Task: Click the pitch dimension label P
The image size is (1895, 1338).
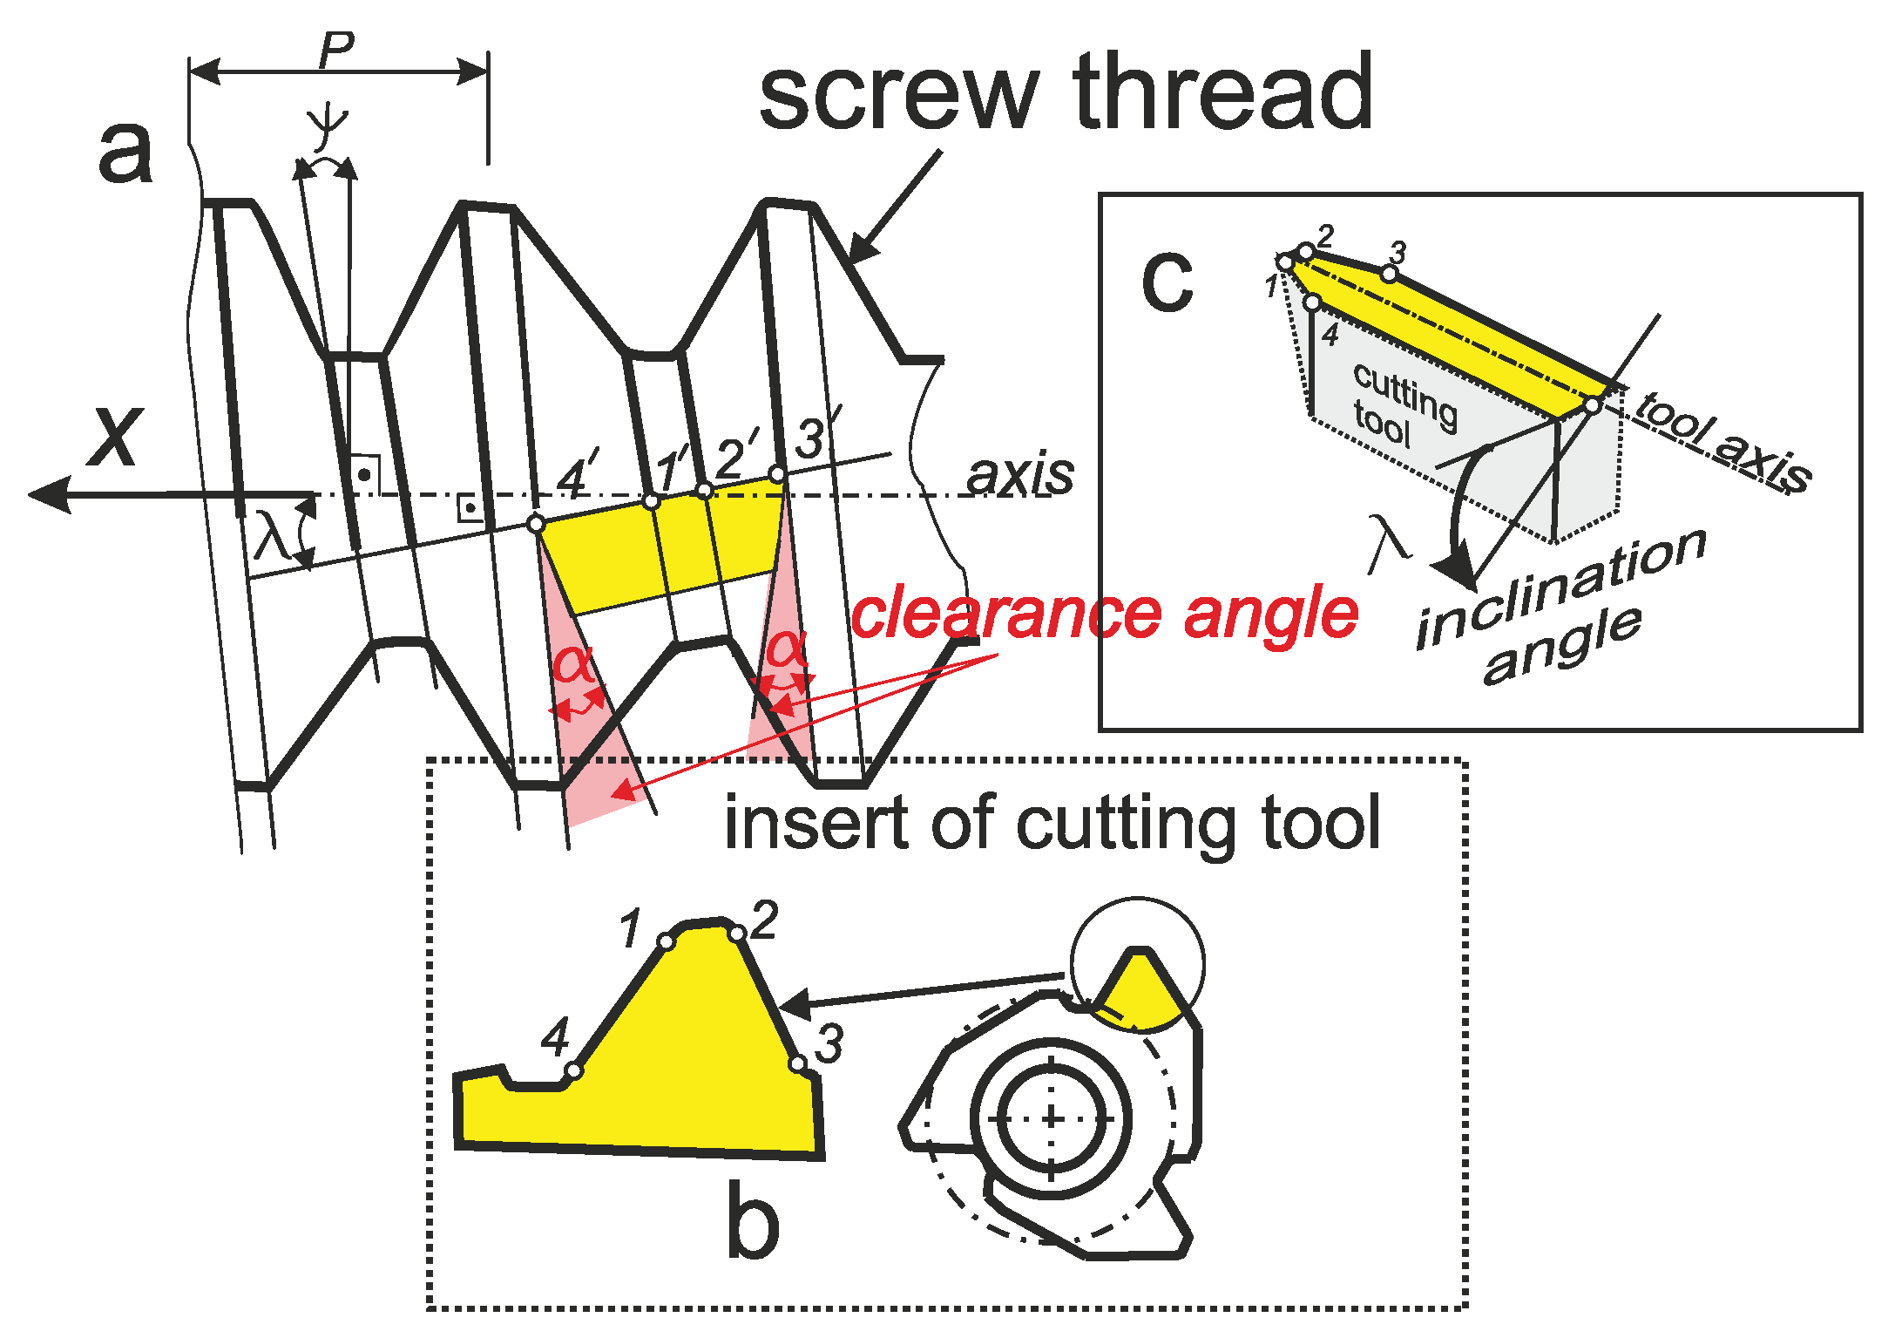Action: coord(336,51)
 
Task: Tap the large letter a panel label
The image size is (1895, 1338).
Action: coord(125,153)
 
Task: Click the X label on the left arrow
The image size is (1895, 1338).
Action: coord(115,438)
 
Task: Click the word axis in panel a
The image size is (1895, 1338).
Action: coord(1020,476)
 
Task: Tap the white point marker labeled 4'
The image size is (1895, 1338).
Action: coord(537,523)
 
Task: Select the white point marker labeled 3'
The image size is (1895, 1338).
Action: coord(777,474)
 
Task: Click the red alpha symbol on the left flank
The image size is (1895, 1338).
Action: coord(573,665)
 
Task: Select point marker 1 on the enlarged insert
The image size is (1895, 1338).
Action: coord(667,941)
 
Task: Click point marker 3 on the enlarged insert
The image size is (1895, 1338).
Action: coord(797,1063)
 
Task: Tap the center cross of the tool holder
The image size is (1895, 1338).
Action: coord(1052,1118)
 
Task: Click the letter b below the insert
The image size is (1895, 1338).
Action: coord(753,1220)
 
